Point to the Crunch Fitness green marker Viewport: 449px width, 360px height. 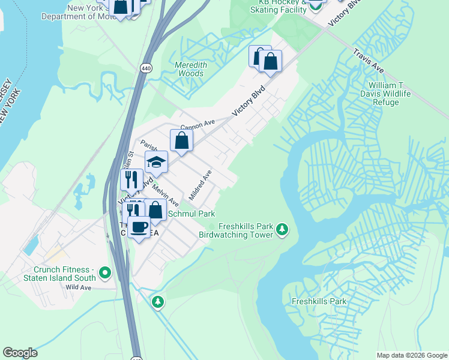[x=106, y=273]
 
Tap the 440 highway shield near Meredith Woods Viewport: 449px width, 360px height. [x=146, y=68]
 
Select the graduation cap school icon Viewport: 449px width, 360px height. [x=156, y=162]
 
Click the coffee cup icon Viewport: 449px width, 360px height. [x=139, y=229]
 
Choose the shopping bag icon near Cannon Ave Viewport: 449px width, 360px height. [x=182, y=142]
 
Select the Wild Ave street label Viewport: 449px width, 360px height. [x=79, y=287]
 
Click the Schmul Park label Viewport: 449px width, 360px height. [x=191, y=214]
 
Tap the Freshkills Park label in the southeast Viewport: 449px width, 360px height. [x=319, y=301]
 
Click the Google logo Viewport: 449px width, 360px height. [x=20, y=353]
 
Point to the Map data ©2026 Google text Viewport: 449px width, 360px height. [x=412, y=355]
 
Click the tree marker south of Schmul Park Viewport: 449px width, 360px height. [x=158, y=301]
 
